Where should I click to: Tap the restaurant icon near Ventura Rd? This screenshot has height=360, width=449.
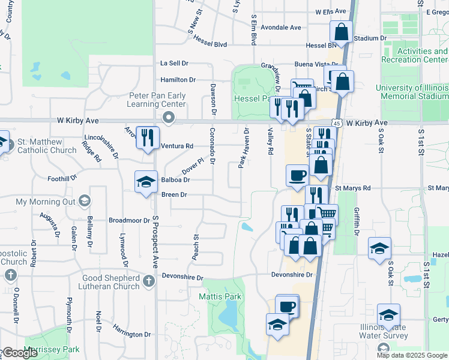point(146,137)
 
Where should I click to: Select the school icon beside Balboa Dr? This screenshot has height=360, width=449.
point(145,182)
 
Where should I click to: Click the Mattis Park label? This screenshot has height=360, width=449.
point(220,296)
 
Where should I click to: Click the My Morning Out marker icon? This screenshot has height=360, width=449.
point(85,202)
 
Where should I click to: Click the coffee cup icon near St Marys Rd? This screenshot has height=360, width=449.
point(297,175)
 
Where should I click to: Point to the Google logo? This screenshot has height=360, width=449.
point(20,353)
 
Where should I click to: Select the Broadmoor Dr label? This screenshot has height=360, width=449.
point(129,220)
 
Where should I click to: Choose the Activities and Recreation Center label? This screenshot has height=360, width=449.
point(423,55)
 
